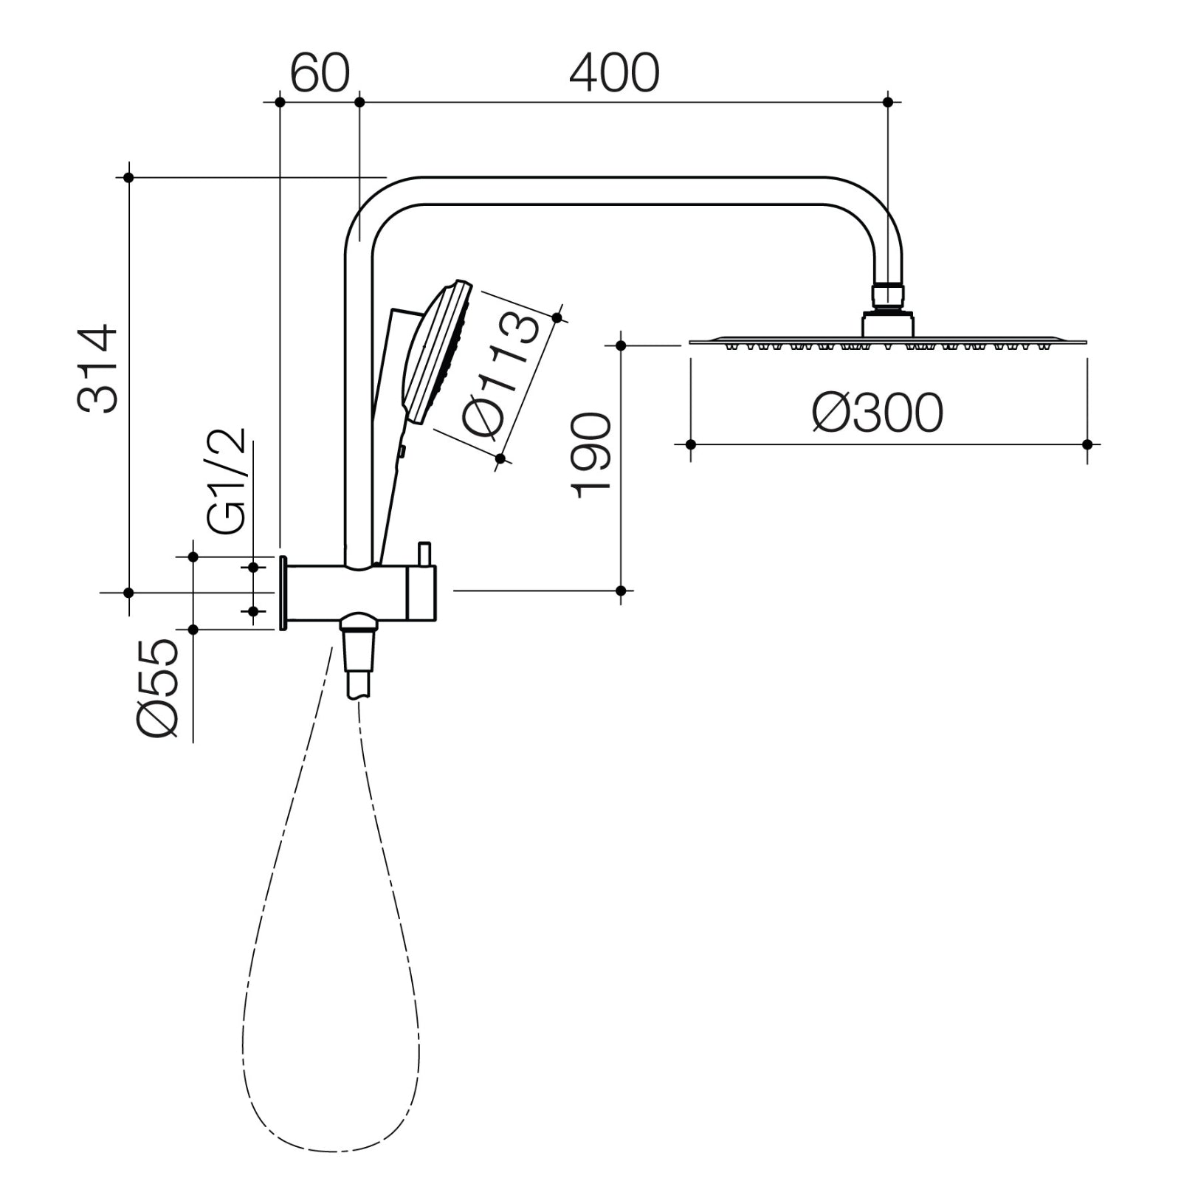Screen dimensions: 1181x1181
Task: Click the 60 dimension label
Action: point(319,74)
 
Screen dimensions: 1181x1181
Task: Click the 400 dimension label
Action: point(614,74)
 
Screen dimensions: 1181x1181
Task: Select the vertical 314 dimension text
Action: point(98,369)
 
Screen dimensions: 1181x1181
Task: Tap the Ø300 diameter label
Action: point(877,413)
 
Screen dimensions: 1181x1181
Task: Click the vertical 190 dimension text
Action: point(593,455)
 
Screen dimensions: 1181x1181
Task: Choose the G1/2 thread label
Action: point(226,481)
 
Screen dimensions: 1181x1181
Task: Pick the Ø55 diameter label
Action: point(157,688)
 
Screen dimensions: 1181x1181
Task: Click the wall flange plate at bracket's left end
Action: point(283,593)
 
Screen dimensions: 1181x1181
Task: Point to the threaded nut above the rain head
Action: point(888,295)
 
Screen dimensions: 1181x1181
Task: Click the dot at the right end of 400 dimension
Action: point(888,102)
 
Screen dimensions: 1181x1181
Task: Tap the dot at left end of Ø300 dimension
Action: point(691,444)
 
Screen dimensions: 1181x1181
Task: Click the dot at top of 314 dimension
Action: point(128,177)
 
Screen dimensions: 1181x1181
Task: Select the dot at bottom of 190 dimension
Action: point(621,590)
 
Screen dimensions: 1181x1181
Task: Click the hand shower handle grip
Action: point(389,472)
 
